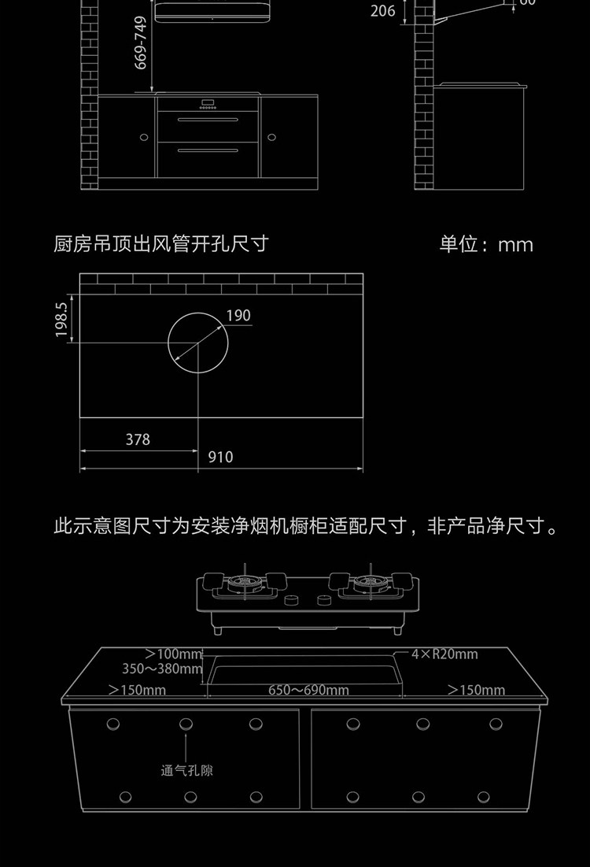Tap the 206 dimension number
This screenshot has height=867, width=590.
coord(382,11)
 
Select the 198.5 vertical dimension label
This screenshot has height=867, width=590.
coord(63,319)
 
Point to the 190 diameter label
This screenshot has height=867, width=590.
coord(238,316)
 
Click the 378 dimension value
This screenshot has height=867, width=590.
coord(138,439)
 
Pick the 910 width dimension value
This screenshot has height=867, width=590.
coord(221,457)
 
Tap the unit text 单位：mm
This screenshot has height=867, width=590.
coord(486,244)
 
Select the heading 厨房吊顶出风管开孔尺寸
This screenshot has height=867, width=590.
coord(161,244)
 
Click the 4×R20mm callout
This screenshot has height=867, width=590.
coord(444,654)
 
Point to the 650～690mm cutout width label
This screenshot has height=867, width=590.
coord(308,691)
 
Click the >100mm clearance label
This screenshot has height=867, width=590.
coord(174,654)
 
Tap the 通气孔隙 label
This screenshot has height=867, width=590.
coord(187,770)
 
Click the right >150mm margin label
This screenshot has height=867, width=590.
coord(477,691)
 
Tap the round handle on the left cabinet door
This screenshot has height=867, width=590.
coord(144,137)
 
